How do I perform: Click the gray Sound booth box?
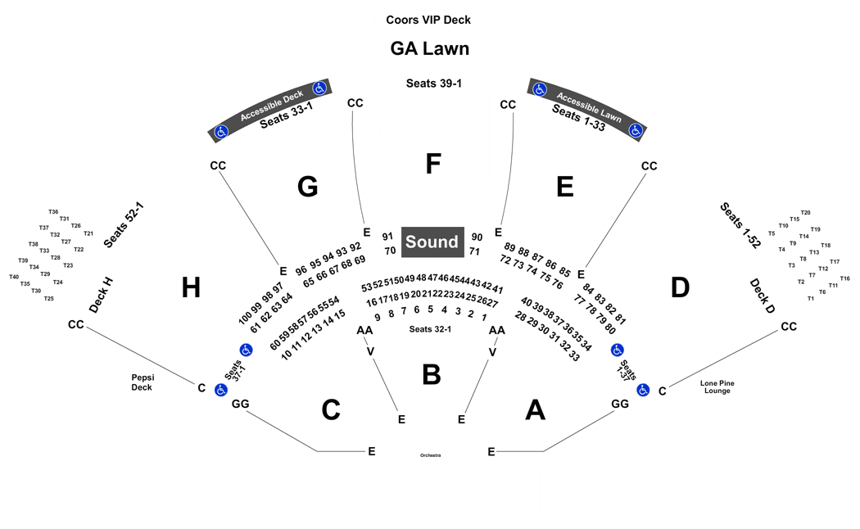(x=432, y=242)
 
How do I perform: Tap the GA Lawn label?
(x=429, y=48)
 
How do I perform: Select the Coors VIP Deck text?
(x=428, y=20)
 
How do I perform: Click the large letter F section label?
(x=433, y=163)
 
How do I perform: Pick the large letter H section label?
(x=191, y=287)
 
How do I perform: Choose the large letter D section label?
(x=680, y=287)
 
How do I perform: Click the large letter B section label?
(x=432, y=375)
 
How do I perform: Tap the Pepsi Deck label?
(x=142, y=382)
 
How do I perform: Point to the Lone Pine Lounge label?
(x=717, y=387)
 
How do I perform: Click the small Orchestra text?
(x=431, y=455)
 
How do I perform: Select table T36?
(x=53, y=211)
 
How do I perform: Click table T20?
(x=805, y=213)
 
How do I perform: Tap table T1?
(x=811, y=299)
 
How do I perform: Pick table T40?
(x=14, y=277)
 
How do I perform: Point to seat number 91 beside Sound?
(x=387, y=237)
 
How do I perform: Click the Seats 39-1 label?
(x=434, y=84)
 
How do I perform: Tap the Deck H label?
(x=101, y=295)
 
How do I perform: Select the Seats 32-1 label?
(x=430, y=329)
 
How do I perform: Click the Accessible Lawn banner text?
(x=589, y=107)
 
